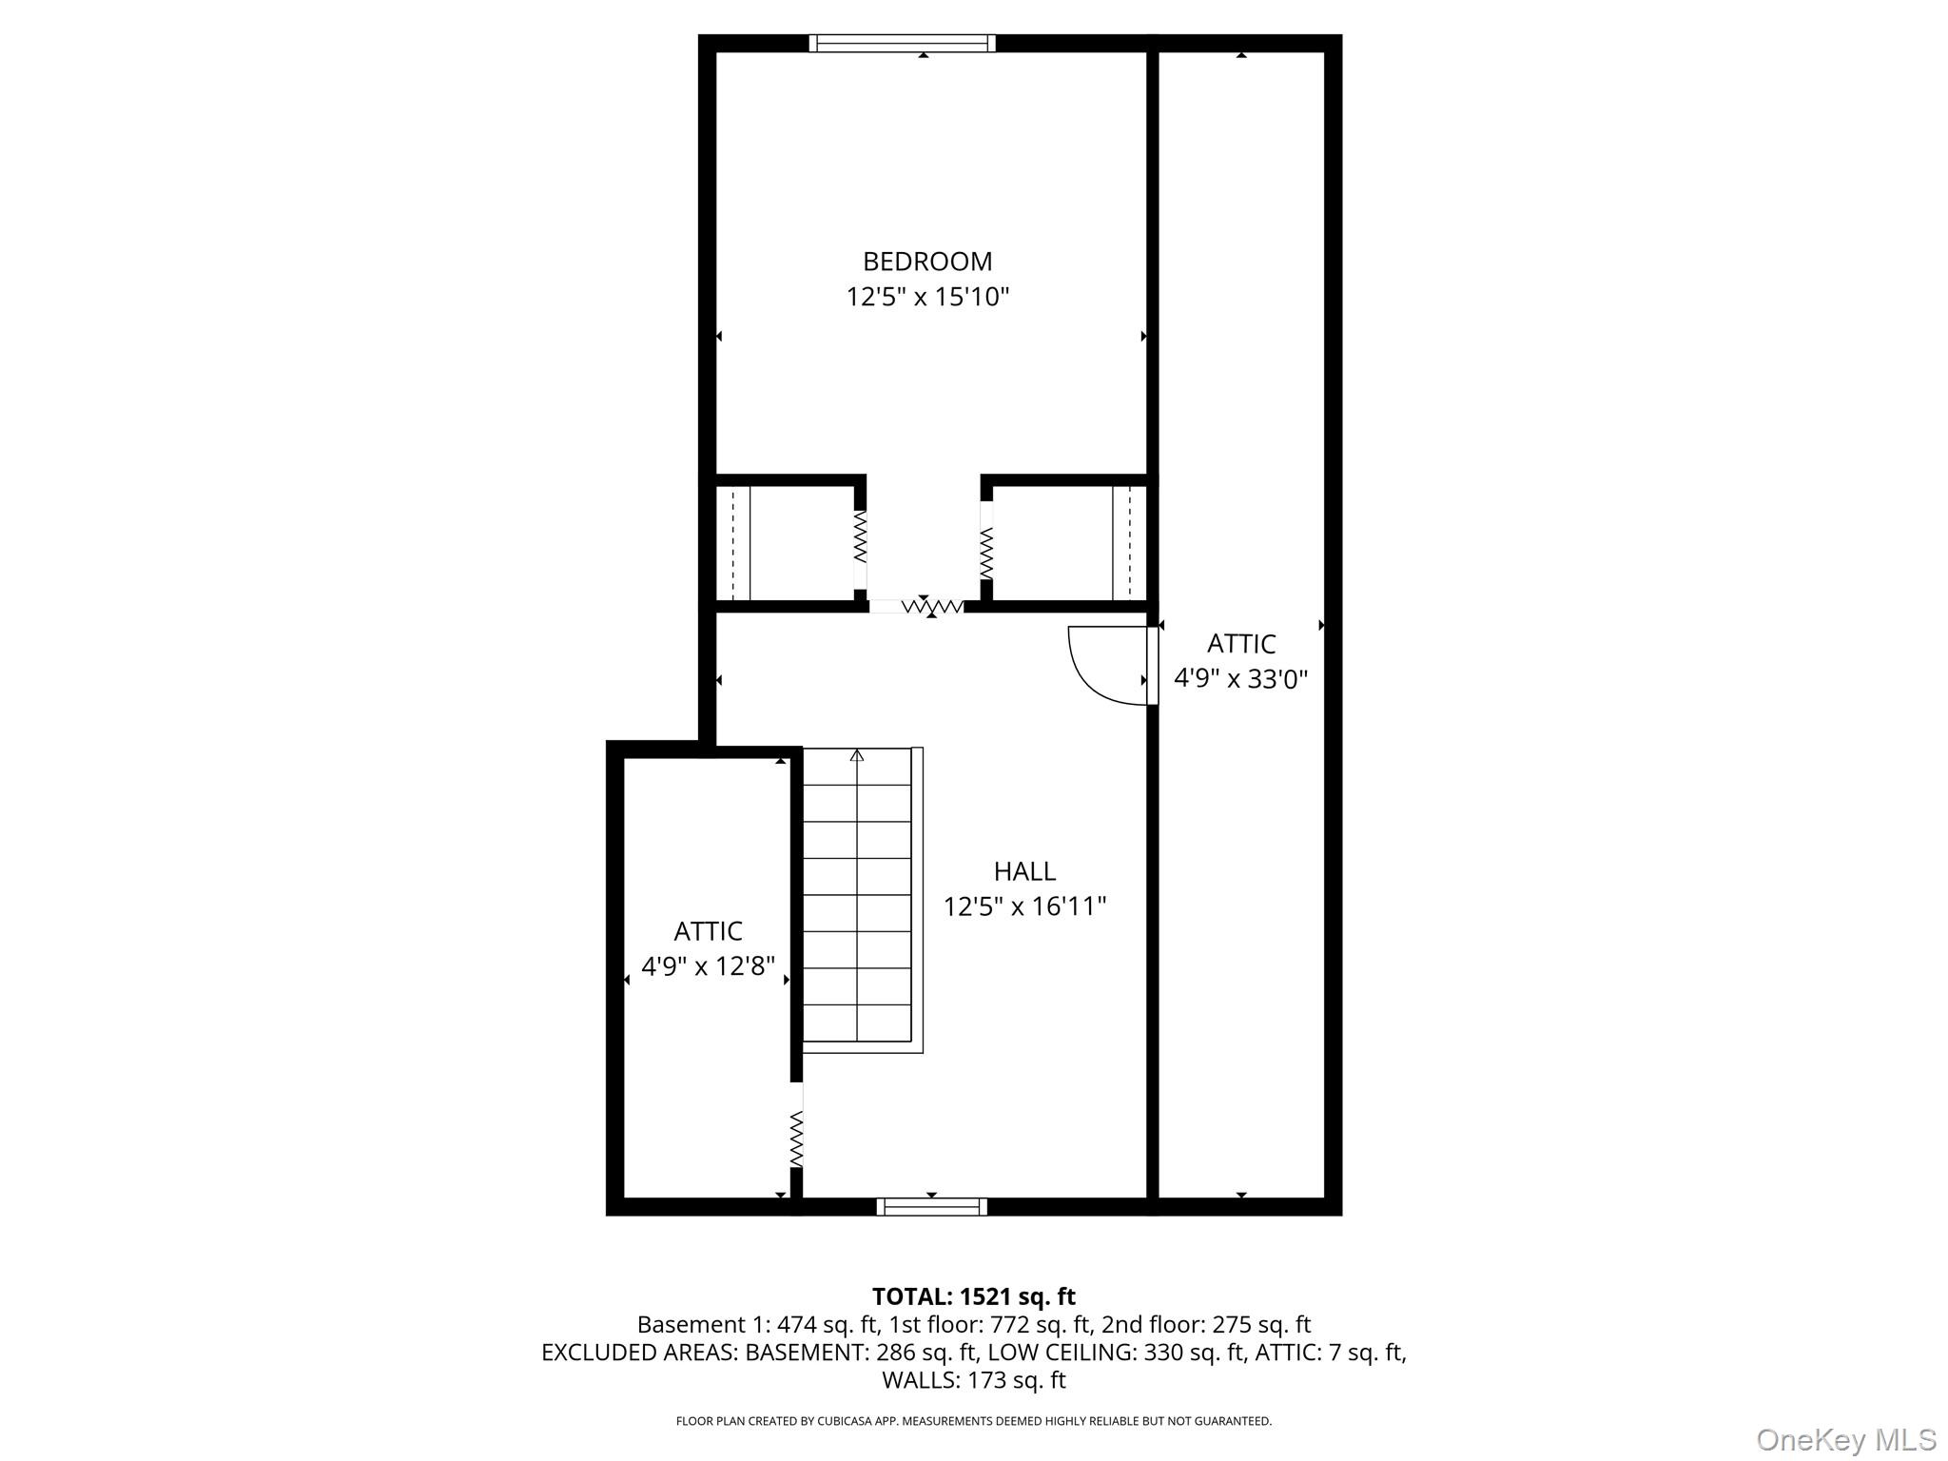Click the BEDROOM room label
(926, 262)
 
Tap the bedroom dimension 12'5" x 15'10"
(926, 298)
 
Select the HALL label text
(1024, 871)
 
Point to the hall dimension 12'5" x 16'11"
(1024, 907)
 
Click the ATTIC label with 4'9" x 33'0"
(1240, 644)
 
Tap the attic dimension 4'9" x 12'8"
(708, 967)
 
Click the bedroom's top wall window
(902, 43)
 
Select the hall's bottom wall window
(931, 1207)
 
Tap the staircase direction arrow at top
(857, 755)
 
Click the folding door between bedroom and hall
(930, 606)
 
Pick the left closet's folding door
(860, 537)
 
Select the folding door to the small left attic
(796, 1139)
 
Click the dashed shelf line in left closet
(732, 543)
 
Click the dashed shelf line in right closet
(1129, 543)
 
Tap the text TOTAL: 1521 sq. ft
(973, 1296)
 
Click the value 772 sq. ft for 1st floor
(1041, 1324)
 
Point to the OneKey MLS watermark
(1845, 1440)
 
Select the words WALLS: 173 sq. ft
(973, 1379)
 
